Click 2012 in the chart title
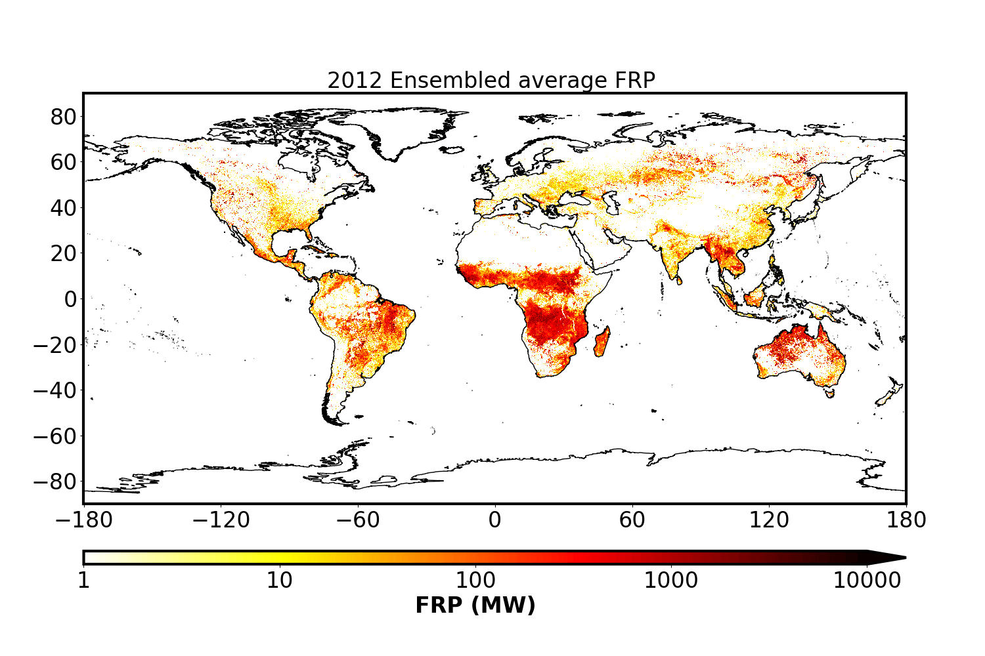[x=355, y=81]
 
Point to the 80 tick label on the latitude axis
[x=63, y=117]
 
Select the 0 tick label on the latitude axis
[x=70, y=300]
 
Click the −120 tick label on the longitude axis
[x=221, y=520]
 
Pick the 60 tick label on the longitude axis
[x=632, y=520]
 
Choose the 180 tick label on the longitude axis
[x=906, y=520]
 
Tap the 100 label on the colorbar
[x=475, y=581]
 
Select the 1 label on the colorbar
[x=83, y=581]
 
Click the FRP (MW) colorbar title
[x=475, y=605]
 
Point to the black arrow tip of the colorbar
[x=906, y=558]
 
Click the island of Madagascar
[x=602, y=342]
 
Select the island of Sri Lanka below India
[x=680, y=280]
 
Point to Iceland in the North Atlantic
[x=452, y=150]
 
